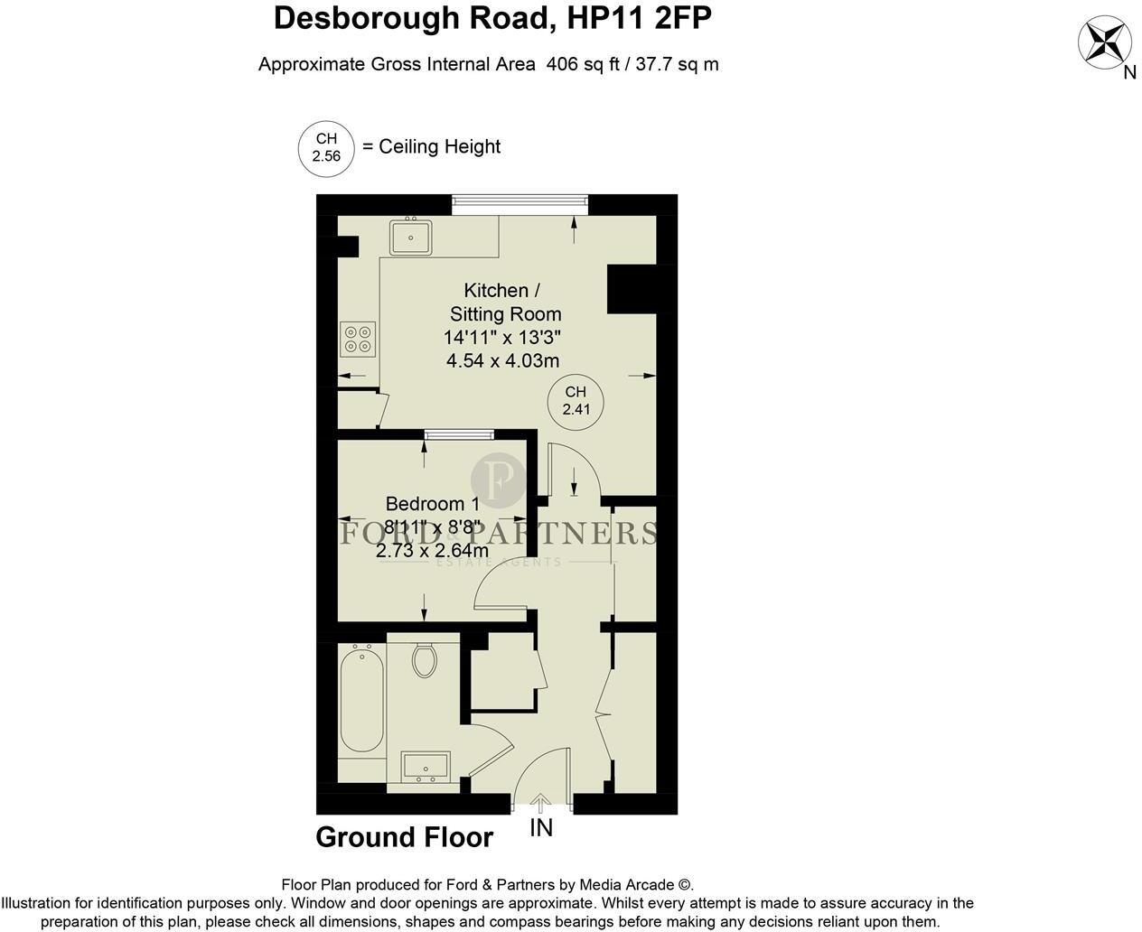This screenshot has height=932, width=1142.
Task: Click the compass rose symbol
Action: (1105, 42)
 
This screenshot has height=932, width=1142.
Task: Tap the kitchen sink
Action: (411, 237)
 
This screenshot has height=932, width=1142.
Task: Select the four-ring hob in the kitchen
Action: (357, 338)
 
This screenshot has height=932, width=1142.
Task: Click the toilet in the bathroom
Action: (425, 659)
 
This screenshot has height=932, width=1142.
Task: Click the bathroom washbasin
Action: (426, 767)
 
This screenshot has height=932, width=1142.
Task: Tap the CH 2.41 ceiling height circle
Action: (576, 400)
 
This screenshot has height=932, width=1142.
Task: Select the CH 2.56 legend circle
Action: (326, 147)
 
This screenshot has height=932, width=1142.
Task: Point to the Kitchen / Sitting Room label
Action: (502, 302)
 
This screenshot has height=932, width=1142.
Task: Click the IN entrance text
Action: (541, 828)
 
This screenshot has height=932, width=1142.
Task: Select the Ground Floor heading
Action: (404, 837)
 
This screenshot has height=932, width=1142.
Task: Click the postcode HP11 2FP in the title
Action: (638, 17)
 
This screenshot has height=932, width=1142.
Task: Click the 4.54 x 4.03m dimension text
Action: (502, 360)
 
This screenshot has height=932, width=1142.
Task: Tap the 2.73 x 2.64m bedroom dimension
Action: (432, 550)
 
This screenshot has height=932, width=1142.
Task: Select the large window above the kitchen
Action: (520, 200)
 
